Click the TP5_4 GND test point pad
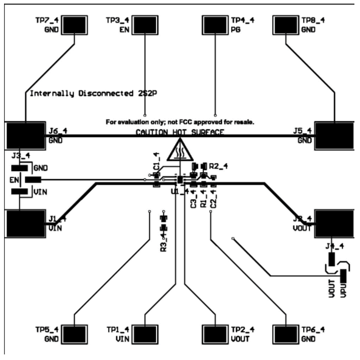click(x=74, y=334)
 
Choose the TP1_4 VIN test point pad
click(x=145, y=334)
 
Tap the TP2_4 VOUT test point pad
click(x=215, y=334)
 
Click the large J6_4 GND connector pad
click(x=25, y=136)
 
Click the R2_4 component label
click(x=218, y=166)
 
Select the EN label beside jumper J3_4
click(x=14, y=179)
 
